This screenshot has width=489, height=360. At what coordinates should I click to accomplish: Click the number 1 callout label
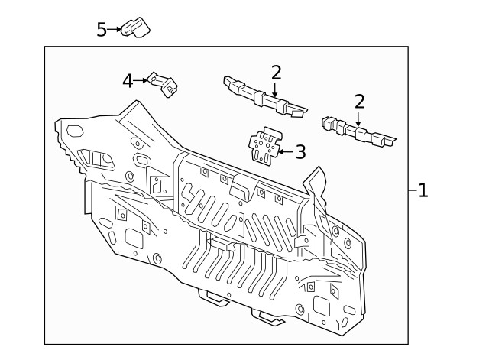[423, 190]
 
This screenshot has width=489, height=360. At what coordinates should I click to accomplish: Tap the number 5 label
[102, 29]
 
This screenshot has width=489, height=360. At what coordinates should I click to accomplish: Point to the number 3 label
[300, 152]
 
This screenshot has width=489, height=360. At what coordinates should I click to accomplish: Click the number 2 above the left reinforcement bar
[276, 73]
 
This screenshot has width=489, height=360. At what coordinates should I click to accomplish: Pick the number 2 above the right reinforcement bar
[359, 102]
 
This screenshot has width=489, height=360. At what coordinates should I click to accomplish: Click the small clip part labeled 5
[138, 28]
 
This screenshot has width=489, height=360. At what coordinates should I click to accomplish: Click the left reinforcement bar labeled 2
[264, 98]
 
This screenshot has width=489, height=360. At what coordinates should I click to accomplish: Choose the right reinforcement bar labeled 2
[358, 132]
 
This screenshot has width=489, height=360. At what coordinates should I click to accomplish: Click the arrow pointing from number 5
[115, 29]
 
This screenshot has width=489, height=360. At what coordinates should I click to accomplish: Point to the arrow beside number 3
[284, 152]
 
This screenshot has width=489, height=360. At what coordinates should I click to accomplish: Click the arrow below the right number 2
[358, 118]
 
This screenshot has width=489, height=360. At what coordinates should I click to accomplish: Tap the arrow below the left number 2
[276, 89]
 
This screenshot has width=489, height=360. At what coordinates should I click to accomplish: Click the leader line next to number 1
[411, 190]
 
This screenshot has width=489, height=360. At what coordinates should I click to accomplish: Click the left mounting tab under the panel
[213, 297]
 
